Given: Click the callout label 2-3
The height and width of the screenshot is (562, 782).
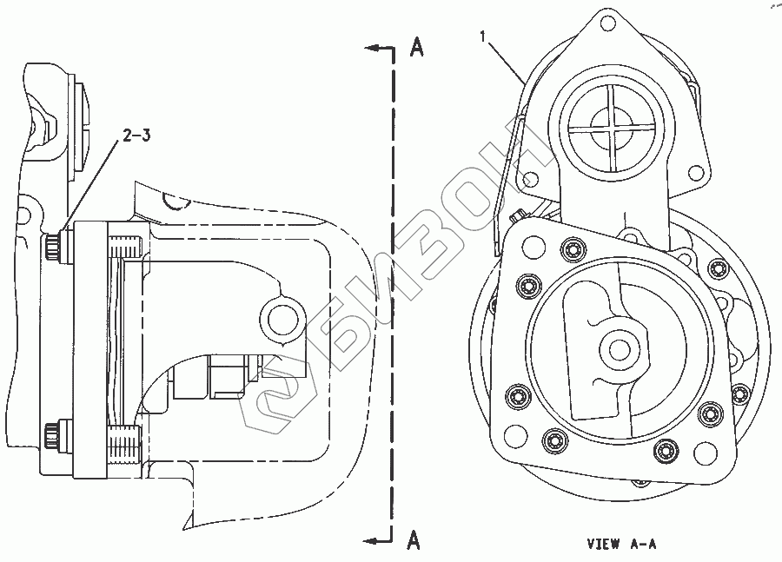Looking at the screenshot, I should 136,136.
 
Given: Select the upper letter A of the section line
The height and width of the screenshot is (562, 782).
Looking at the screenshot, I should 416,49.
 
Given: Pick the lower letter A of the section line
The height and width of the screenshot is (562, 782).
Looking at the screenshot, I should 414,541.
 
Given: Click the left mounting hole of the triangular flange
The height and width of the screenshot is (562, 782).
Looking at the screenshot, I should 527,181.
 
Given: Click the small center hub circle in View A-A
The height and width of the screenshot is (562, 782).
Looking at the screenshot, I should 620,349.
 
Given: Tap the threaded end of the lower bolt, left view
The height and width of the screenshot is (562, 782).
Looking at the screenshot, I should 124,450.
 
